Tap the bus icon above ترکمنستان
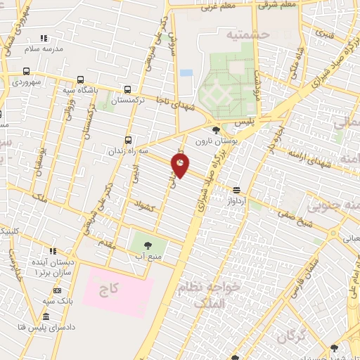[127, 89]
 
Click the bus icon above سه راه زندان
[127, 139]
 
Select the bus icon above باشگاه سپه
[79, 79]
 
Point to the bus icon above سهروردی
[26, 71]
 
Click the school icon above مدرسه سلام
[44, 38]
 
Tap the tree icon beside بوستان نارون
[215, 129]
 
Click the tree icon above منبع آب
[148, 245]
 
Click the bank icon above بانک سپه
[57, 290]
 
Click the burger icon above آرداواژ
[236, 190]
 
